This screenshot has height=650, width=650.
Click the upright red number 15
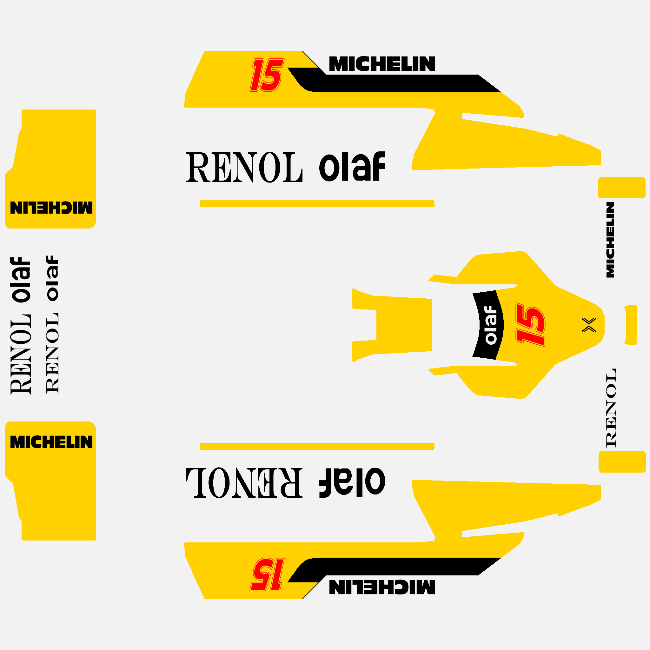267,75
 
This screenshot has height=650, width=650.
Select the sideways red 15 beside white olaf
531,325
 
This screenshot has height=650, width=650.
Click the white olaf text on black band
491,325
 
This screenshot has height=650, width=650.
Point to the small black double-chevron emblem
589,325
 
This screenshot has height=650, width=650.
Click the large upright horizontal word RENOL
245,167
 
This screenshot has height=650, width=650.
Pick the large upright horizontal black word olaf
352,167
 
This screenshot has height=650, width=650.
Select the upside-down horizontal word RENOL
245,482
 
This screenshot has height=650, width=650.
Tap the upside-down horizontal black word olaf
352,482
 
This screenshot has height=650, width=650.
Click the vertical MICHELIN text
610,240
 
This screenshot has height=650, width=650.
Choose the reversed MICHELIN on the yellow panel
51,208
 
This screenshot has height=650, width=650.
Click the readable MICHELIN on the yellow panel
51,442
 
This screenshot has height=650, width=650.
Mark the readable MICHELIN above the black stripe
382,63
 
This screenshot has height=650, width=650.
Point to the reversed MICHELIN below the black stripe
382,587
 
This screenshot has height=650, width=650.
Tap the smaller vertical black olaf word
52,278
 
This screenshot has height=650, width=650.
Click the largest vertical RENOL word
21,354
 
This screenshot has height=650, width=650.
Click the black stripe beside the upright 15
397,83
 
